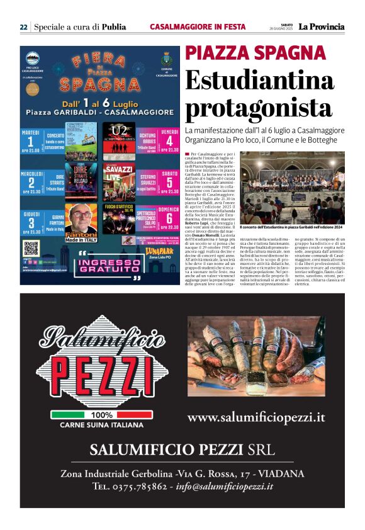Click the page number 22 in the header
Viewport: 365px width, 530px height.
[23, 27]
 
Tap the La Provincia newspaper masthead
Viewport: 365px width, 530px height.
[322, 27]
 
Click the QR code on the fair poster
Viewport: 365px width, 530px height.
[31, 248]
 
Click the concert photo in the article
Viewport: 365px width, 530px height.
[293, 187]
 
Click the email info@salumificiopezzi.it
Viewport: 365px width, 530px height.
[225, 486]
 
